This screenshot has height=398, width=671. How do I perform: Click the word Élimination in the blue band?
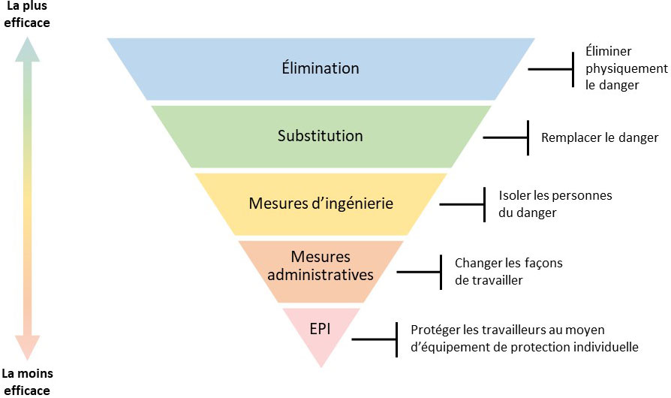pos(320,68)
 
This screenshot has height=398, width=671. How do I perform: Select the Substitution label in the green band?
pos(320,136)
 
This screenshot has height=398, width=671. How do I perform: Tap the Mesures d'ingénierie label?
pos(320,204)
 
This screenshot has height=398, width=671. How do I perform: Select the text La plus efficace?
pos(26,15)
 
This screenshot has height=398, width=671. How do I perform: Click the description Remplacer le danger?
pos(600,137)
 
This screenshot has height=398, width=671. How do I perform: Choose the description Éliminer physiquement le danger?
pos(615,69)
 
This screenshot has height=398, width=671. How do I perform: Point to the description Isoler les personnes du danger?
pos(555,204)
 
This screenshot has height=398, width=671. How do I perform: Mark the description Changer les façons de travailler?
pos(508,271)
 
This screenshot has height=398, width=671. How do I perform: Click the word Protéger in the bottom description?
pos(435,330)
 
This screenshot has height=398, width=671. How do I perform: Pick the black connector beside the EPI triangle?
pos(375,339)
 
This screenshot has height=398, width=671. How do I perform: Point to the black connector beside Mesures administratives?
pos(420,271)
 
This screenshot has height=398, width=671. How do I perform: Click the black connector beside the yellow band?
pos(464,204)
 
